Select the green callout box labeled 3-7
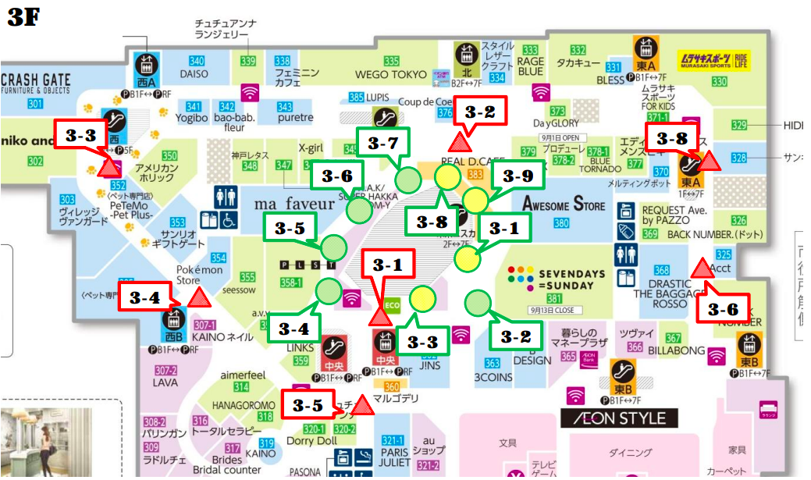[x=382, y=144]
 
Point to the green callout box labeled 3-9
[x=516, y=176]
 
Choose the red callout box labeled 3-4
[x=144, y=297]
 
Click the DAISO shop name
[x=194, y=74]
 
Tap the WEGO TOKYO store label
[x=391, y=75]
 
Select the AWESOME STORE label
[x=564, y=205]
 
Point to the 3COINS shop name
[x=493, y=375]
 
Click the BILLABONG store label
[x=675, y=351]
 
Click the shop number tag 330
[x=719, y=81]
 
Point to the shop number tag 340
[x=197, y=62]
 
